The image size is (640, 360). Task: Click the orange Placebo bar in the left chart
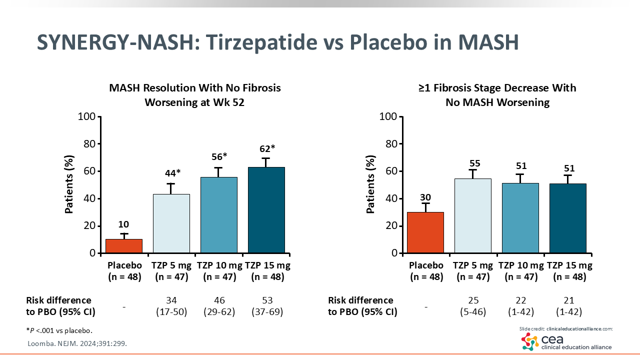(124, 246)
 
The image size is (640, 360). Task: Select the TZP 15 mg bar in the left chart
(266, 210)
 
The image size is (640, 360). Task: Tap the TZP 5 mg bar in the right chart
(473, 215)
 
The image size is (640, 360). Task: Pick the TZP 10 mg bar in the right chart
(520, 217)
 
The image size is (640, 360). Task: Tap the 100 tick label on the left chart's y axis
(87, 117)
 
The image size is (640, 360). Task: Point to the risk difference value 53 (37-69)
(267, 306)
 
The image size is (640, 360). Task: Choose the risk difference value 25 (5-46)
(473, 306)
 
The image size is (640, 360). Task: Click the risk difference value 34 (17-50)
(171, 306)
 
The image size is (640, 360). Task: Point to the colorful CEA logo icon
(530, 341)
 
